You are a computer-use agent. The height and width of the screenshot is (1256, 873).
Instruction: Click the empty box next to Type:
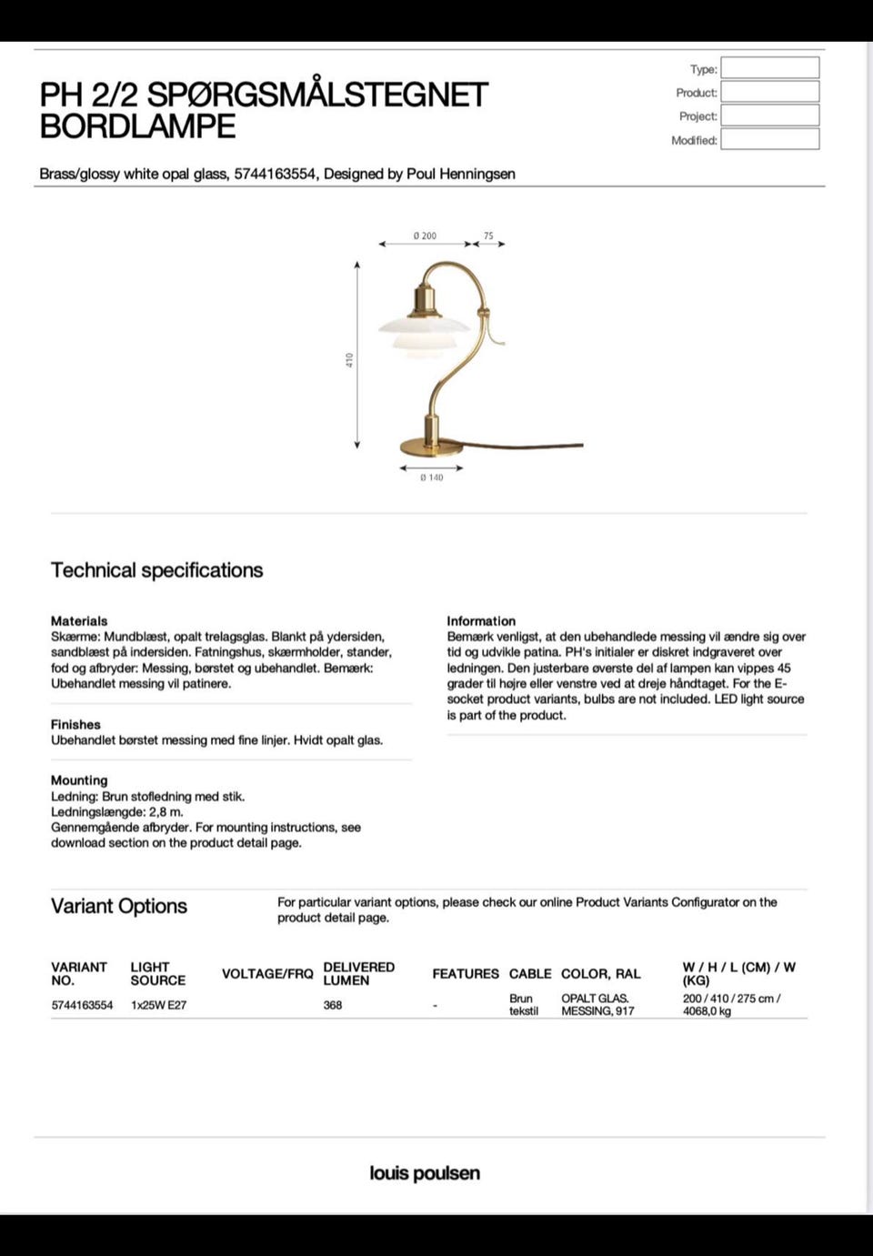pyautogui.click(x=769, y=68)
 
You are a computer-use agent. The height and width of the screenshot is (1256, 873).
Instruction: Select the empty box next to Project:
pyautogui.click(x=769, y=116)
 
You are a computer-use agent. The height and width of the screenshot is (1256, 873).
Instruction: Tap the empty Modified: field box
pyautogui.click(x=769, y=139)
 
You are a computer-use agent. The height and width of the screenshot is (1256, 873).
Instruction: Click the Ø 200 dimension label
pyautogui.click(x=424, y=236)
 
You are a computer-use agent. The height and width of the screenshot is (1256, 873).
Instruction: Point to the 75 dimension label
pyautogui.click(x=488, y=236)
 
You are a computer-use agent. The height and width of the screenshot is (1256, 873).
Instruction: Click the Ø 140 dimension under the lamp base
pyautogui.click(x=431, y=477)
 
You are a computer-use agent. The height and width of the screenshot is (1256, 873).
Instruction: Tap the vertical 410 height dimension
pyautogui.click(x=349, y=360)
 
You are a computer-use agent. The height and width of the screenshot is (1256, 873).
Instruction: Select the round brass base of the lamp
pyautogui.click(x=432, y=447)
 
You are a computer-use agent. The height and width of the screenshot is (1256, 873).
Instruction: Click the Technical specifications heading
pyautogui.click(x=156, y=570)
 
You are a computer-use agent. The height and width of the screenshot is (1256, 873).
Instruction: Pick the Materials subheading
pyautogui.click(x=79, y=621)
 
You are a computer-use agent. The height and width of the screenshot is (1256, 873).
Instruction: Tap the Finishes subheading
pyautogui.click(x=75, y=725)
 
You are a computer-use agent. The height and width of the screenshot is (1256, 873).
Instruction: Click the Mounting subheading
pyautogui.click(x=79, y=780)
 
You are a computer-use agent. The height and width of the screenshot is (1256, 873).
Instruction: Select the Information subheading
pyautogui.click(x=481, y=621)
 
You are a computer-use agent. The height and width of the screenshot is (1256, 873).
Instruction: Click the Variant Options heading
pyautogui.click(x=119, y=906)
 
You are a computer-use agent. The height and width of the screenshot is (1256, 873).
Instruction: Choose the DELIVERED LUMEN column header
pyautogui.click(x=358, y=973)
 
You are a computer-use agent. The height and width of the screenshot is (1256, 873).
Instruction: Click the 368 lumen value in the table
pyautogui.click(x=333, y=1005)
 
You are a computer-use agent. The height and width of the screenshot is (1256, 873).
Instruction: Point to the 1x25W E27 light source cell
pyautogui.click(x=158, y=1005)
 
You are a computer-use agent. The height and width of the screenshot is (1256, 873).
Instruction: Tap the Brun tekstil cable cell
pyautogui.click(x=524, y=1005)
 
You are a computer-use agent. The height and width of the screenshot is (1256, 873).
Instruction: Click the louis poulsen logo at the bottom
pyautogui.click(x=425, y=1173)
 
